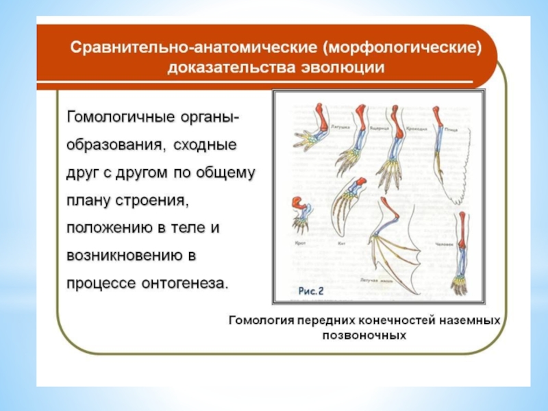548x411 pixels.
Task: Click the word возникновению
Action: [127, 254]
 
